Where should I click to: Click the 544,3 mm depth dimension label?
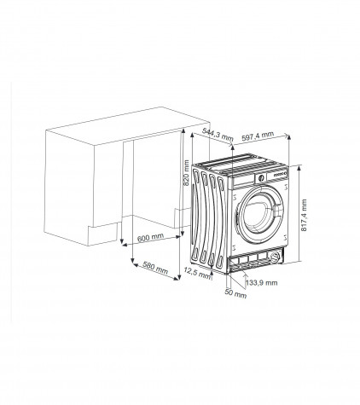click(218, 135)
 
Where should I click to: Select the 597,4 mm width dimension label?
click(258, 136)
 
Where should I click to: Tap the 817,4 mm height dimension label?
click(304, 215)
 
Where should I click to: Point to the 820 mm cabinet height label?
click(186, 173)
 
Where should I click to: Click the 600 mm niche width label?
click(150, 237)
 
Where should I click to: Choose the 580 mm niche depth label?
click(155, 268)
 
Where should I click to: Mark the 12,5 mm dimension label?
click(197, 273)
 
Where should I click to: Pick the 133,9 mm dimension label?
click(262, 282)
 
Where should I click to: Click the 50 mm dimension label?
click(235, 292)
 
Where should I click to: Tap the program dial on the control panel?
click(260, 178)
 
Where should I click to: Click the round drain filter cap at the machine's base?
click(275, 257)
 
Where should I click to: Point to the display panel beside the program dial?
click(281, 174)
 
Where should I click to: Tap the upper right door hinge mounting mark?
click(286, 187)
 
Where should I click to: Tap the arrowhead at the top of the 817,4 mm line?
click(299, 168)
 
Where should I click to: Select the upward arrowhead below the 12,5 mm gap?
click(212, 273)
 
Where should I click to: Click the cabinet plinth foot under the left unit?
click(102, 234)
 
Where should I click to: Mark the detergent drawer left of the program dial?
click(243, 181)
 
